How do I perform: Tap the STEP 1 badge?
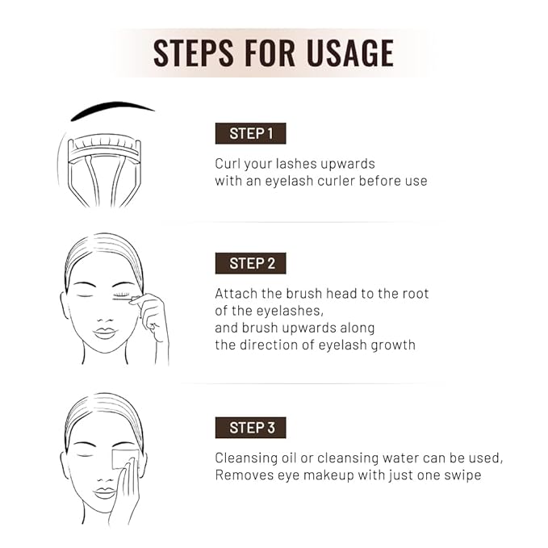click(x=250, y=133)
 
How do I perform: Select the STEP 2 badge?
click(x=250, y=263)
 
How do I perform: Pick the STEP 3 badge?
click(x=250, y=427)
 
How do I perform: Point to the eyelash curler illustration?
click(x=102, y=165)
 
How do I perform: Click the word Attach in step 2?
click(x=236, y=294)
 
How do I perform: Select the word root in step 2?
click(x=413, y=294)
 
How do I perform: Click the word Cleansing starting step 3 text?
click(x=248, y=458)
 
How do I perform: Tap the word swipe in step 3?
click(x=459, y=475)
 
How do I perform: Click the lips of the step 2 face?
click(x=105, y=333)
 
